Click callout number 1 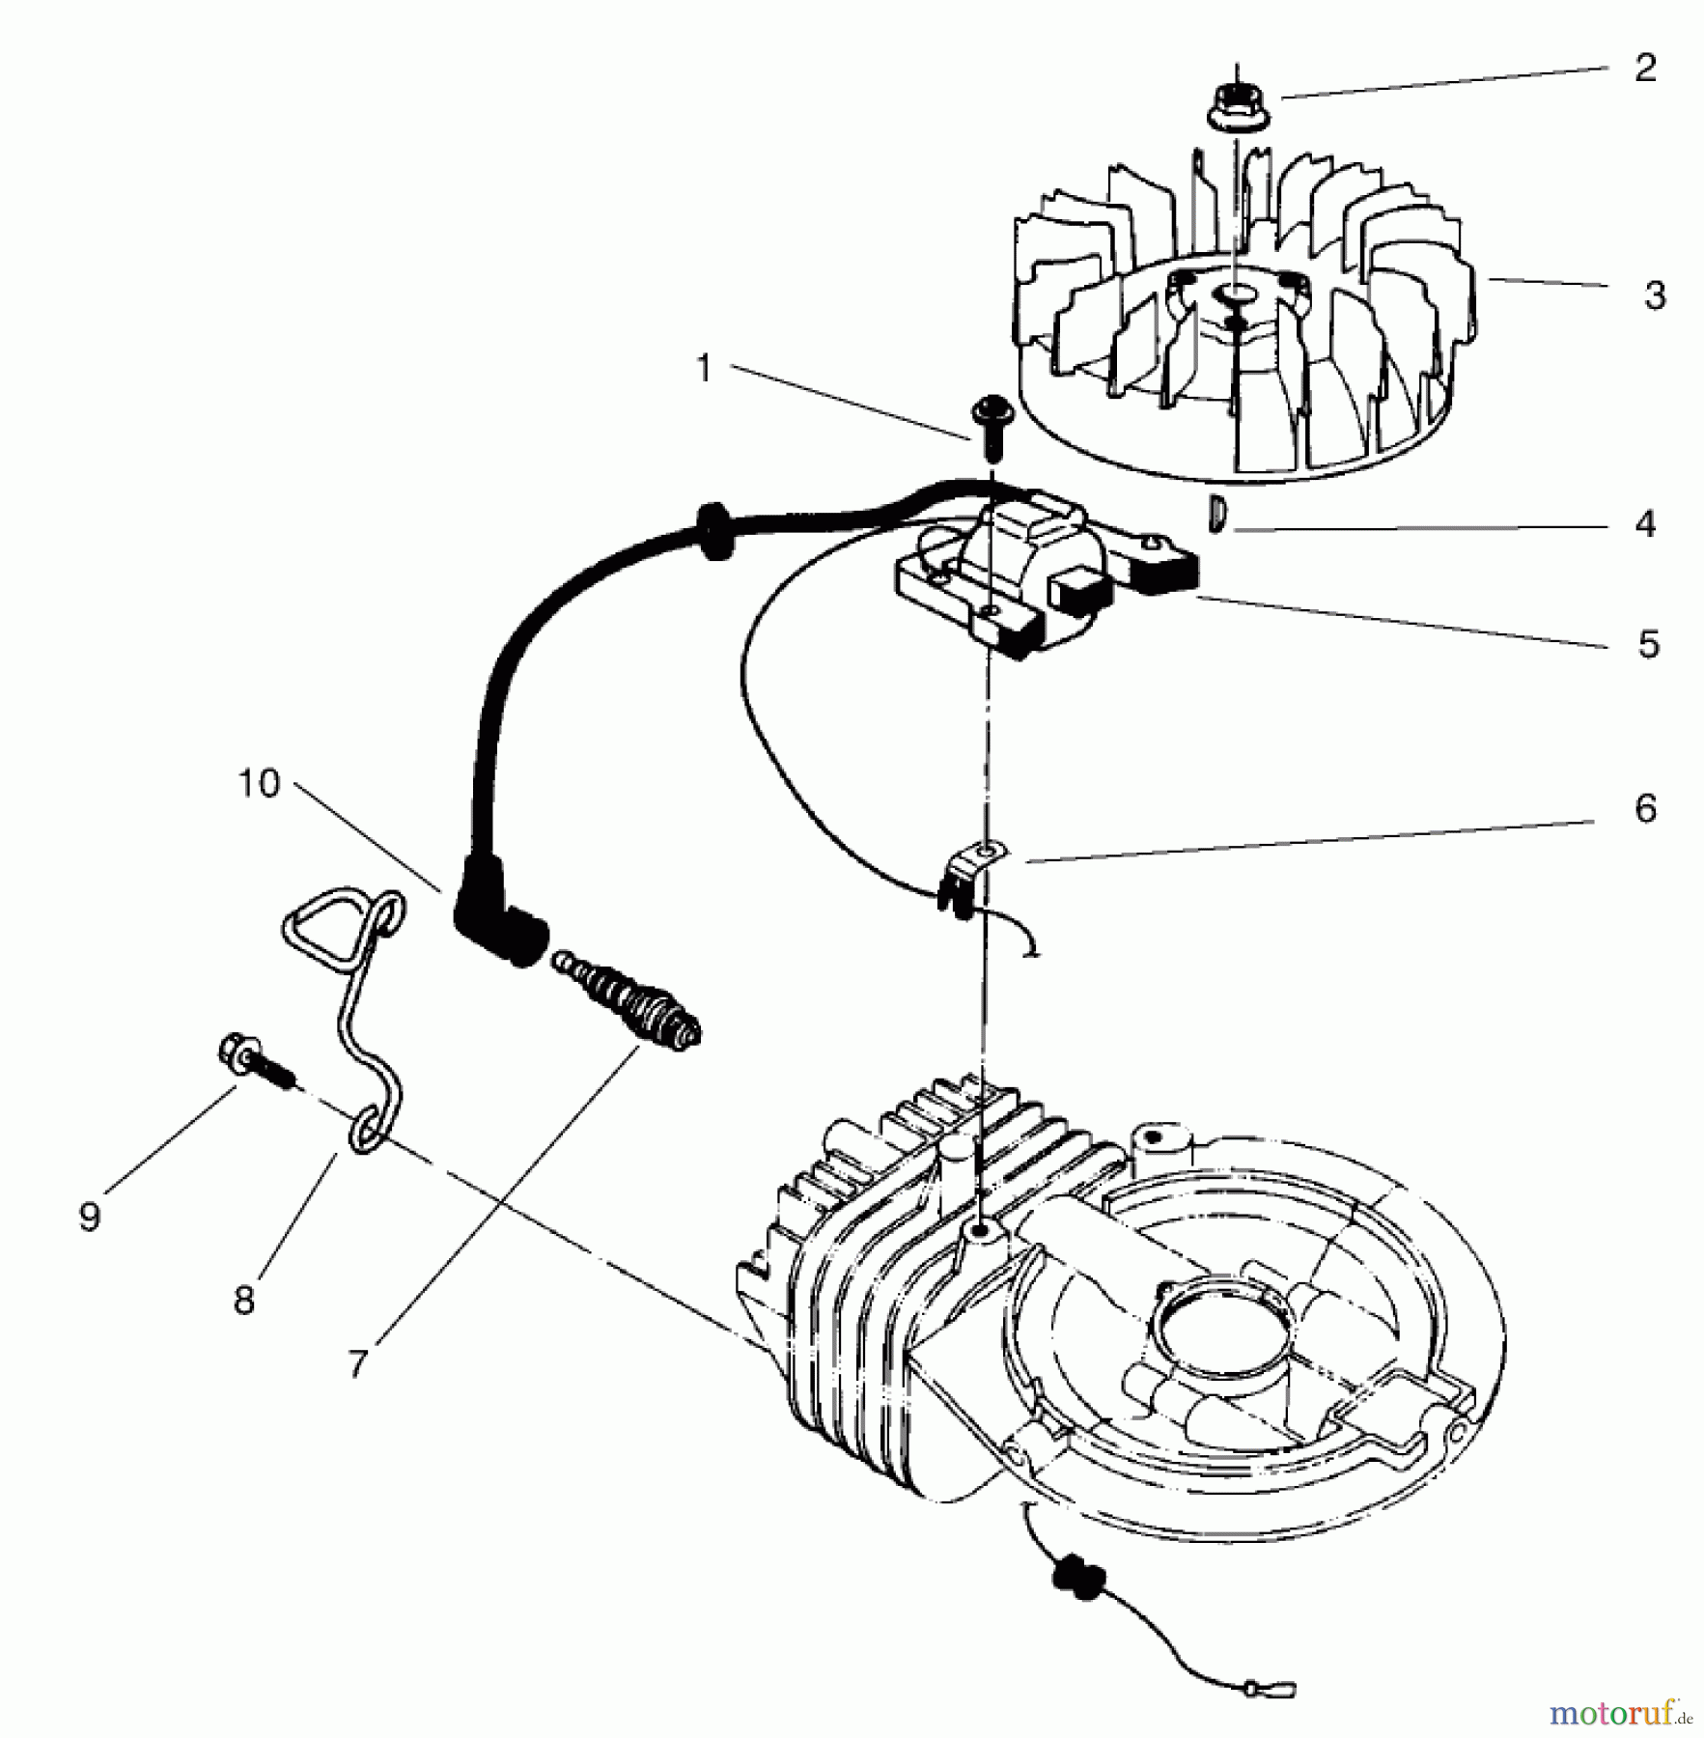point(704,369)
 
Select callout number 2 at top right point(1645,69)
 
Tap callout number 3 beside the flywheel point(1655,295)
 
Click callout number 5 point(1648,644)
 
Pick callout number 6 point(1645,808)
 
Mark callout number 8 point(244,1301)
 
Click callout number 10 point(259,784)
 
